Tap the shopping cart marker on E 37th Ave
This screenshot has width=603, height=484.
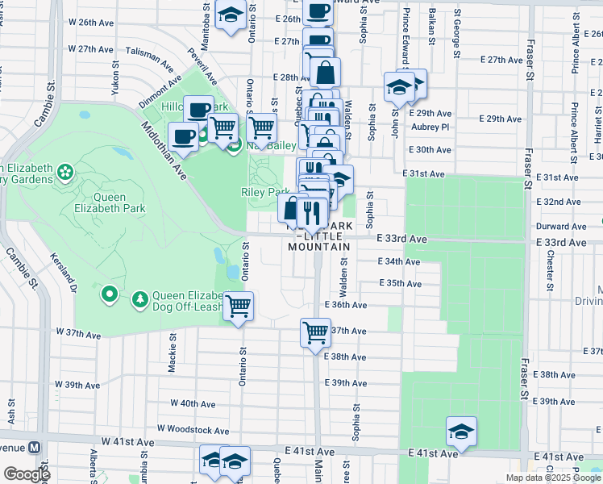[x=315, y=332]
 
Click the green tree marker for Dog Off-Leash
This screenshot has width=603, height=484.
[x=140, y=299]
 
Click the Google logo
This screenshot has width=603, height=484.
[x=26, y=474]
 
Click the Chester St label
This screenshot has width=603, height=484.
[x=551, y=270]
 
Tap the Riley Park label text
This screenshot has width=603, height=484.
[x=264, y=192]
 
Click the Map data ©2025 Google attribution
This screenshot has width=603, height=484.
[x=553, y=478]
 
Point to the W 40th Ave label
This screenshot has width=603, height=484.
[x=193, y=403]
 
